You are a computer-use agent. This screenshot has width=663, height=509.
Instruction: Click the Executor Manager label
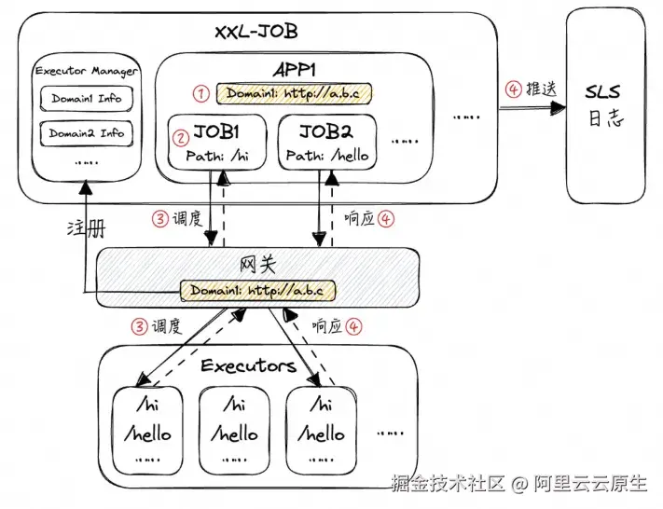pyautogui.click(x=86, y=71)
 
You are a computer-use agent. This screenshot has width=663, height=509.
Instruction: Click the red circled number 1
pyautogui.click(x=199, y=93)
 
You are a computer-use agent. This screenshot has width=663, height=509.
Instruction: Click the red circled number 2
pyautogui.click(x=181, y=136)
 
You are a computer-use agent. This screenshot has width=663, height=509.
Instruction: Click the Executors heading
pyautogui.click(x=248, y=365)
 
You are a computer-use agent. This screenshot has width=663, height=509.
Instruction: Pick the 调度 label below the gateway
pyautogui.click(x=165, y=326)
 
